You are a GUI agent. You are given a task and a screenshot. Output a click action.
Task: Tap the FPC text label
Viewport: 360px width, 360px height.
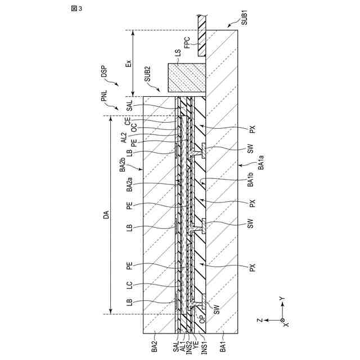click(187, 43)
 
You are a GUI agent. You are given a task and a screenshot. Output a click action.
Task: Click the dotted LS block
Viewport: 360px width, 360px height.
click(186, 78)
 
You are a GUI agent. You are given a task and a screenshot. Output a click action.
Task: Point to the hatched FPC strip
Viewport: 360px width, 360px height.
click(201, 35)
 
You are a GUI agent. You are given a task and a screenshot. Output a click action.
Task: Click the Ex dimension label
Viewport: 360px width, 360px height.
click(128, 63)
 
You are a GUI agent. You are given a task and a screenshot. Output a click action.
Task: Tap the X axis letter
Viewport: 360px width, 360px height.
click(287, 325)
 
